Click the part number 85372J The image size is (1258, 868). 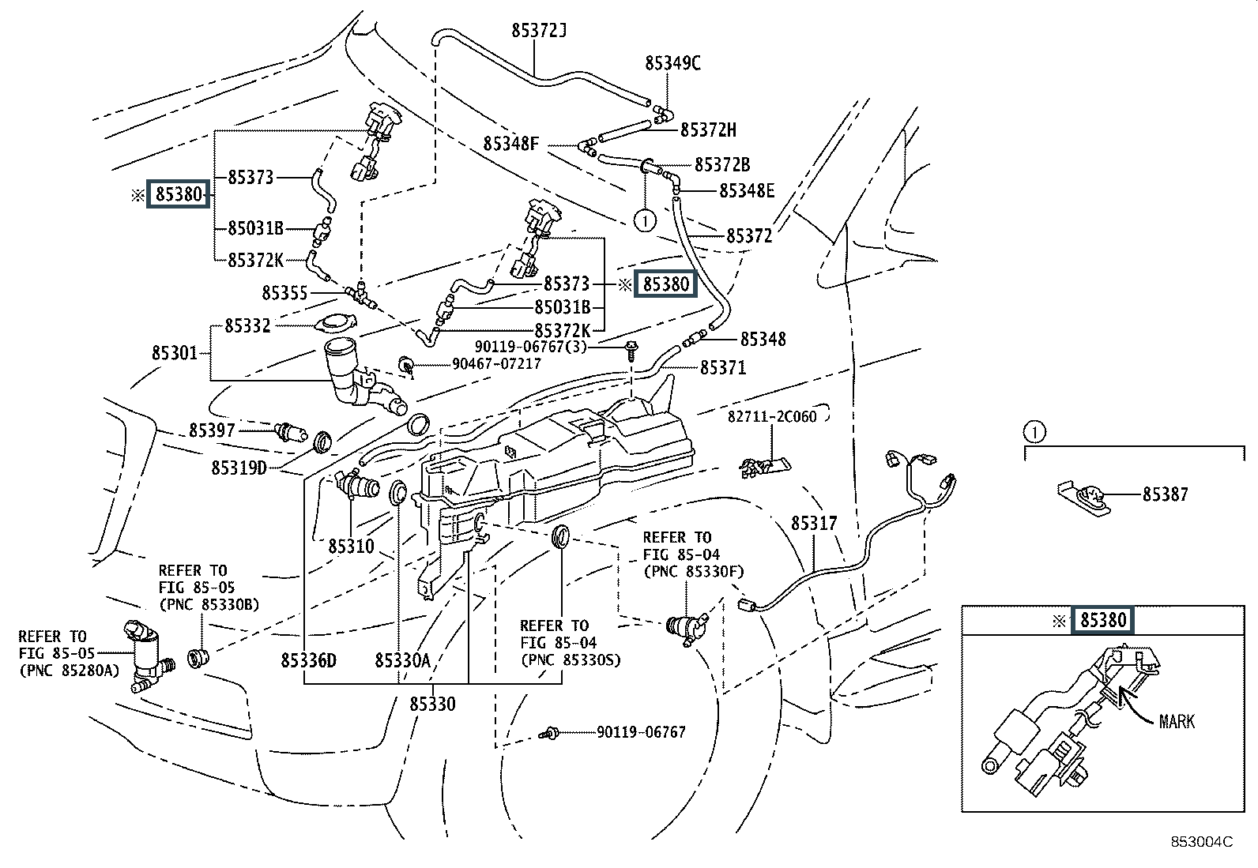click(x=540, y=32)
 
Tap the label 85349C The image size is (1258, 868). click(x=672, y=63)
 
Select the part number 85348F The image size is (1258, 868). click(x=511, y=144)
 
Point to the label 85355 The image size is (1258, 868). click(x=284, y=293)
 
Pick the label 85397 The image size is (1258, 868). click(x=212, y=430)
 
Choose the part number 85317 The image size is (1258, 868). click(x=814, y=523)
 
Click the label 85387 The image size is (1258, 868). click(x=1166, y=494)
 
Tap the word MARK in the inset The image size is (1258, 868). click(x=1177, y=721)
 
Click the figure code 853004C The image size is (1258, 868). click(x=1201, y=842)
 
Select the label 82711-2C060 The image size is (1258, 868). click(x=772, y=416)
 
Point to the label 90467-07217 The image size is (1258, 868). click(x=496, y=363)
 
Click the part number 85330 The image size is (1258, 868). click(x=432, y=704)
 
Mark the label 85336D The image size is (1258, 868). click(x=308, y=660)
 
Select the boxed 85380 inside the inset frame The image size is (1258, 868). click(x=1102, y=620)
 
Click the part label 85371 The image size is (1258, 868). click(x=723, y=367)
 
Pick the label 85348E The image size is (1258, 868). click(x=747, y=190)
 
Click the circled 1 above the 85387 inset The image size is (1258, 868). click(x=1034, y=432)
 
